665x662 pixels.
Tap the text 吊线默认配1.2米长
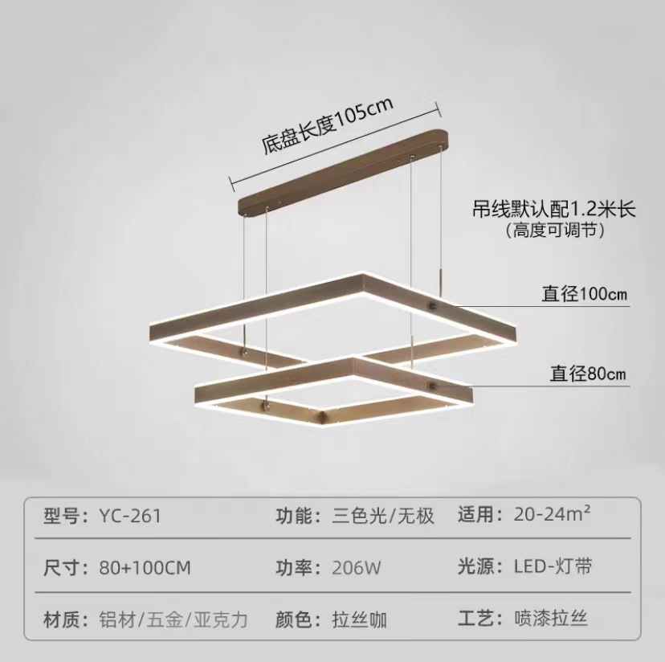(x=554, y=210)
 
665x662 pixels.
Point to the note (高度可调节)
(x=554, y=231)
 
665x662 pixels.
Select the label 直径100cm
(x=584, y=294)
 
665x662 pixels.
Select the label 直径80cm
(x=588, y=373)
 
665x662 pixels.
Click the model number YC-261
(x=130, y=515)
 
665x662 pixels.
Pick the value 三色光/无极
(x=383, y=515)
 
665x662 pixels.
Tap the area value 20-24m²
(x=553, y=513)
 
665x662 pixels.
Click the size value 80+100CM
(x=145, y=567)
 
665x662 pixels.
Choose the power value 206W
(x=357, y=567)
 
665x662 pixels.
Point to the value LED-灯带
(x=553, y=566)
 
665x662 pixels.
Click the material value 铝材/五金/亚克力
(x=173, y=619)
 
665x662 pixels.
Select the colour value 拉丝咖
(x=360, y=619)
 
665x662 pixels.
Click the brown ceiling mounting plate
(x=344, y=170)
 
